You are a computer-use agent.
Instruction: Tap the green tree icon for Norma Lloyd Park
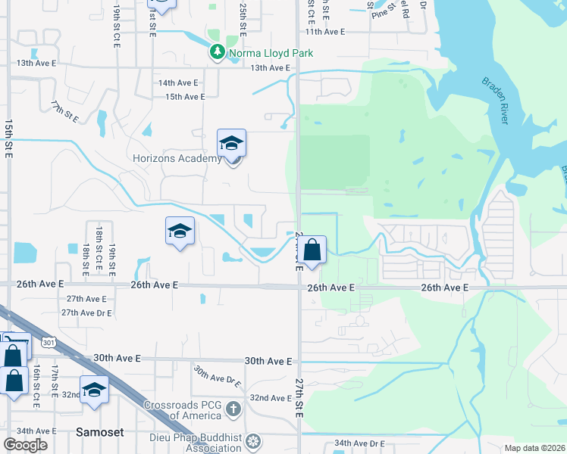[x=218, y=52]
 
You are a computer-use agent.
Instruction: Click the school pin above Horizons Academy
[x=232, y=143]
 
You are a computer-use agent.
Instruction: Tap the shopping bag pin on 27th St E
[x=312, y=250]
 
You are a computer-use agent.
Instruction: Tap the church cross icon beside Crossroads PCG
[x=233, y=409]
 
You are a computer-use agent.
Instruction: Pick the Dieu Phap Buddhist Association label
[x=194, y=441]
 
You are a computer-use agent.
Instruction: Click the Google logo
[x=25, y=445]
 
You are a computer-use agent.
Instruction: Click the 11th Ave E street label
[x=325, y=32]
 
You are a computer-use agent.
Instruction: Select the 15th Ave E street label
[x=185, y=97]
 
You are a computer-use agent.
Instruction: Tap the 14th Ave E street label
[x=178, y=82]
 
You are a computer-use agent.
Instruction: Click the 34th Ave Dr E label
[x=360, y=443]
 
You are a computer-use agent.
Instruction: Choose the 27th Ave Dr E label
[x=86, y=313]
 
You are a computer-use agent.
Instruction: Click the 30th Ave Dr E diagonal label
[x=216, y=376]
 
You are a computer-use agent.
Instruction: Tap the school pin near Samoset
[x=94, y=390]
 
